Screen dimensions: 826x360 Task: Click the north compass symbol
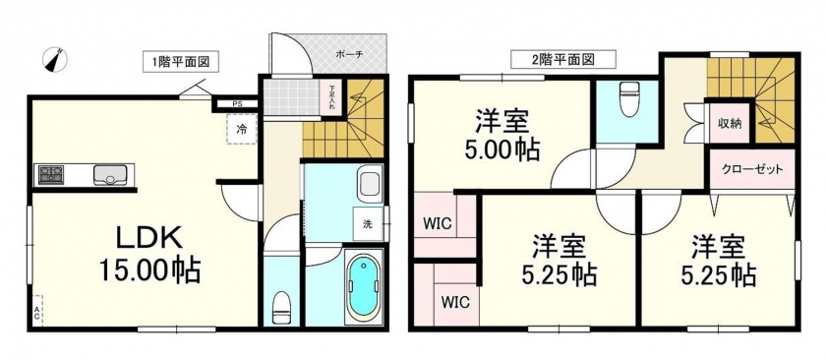(x=55, y=59)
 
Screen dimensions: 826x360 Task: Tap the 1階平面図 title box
(x=181, y=62)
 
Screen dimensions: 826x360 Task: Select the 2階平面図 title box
(x=563, y=59)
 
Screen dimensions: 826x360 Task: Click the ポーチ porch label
(x=349, y=54)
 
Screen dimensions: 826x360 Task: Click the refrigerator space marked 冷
(x=242, y=128)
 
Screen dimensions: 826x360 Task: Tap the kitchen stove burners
(x=51, y=174)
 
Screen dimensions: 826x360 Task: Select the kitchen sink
(x=109, y=175)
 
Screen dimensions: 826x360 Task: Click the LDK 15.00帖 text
(x=150, y=255)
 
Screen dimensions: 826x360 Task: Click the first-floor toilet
(x=281, y=308)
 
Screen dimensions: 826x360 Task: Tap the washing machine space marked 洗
(x=368, y=223)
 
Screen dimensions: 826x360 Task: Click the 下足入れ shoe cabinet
(x=332, y=96)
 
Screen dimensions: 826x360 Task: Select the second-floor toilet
(x=628, y=98)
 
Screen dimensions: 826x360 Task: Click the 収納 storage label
(x=730, y=123)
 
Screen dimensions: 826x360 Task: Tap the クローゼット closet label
(x=751, y=170)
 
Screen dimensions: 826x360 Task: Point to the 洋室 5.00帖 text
(x=501, y=135)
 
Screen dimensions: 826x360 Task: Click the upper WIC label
(x=438, y=223)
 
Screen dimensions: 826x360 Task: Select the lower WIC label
(x=455, y=303)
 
